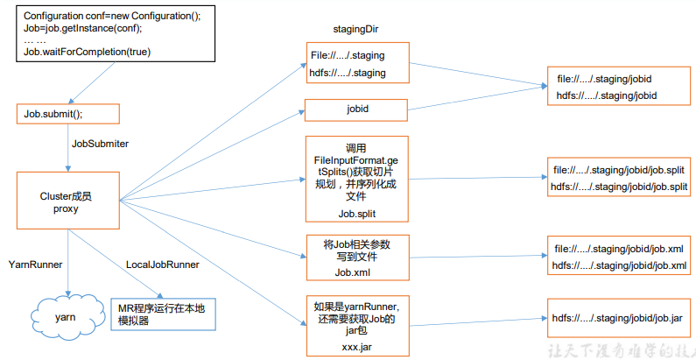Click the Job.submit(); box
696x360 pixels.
click(x=67, y=114)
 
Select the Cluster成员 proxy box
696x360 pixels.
click(x=67, y=203)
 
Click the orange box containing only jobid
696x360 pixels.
click(x=356, y=110)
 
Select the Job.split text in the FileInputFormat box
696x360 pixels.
click(x=356, y=213)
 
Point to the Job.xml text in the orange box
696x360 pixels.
click(x=356, y=272)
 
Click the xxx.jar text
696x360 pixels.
click(x=356, y=347)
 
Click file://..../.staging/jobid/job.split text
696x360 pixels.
click(x=620, y=170)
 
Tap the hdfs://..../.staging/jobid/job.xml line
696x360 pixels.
click(x=618, y=265)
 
